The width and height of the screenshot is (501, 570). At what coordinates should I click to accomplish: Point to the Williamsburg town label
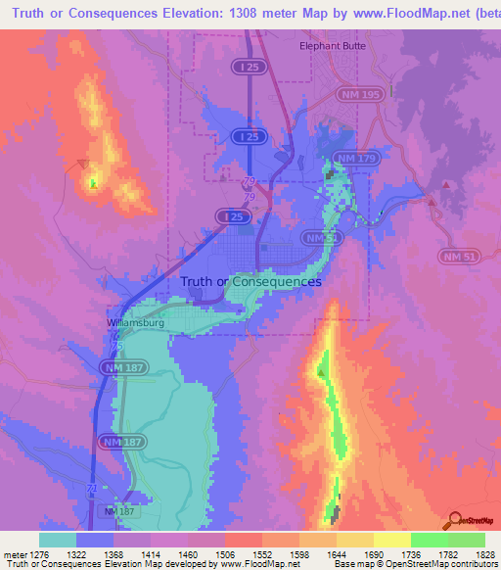pyautogui.click(x=136, y=321)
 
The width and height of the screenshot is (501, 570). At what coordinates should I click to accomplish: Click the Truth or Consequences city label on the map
pyautogui.click(x=250, y=281)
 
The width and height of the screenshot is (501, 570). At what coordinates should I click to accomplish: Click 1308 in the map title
pyautogui.click(x=269, y=13)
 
